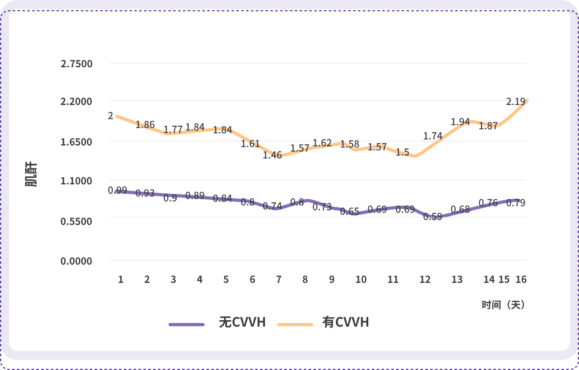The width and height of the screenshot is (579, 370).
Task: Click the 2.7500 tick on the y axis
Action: (77, 64)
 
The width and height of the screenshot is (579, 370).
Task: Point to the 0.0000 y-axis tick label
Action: (77, 261)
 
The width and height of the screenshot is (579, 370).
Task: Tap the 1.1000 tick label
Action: (77, 181)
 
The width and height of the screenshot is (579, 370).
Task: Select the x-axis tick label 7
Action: (279, 279)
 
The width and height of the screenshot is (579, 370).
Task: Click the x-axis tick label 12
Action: (425, 279)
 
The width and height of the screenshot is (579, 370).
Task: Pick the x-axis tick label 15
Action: (504, 279)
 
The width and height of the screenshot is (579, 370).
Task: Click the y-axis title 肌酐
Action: (32, 174)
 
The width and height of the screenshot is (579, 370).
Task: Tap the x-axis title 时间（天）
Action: (503, 305)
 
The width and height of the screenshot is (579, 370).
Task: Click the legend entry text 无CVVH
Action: (242, 322)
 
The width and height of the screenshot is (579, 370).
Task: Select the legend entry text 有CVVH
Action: (346, 322)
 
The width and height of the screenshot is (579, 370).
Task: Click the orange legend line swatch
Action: (295, 324)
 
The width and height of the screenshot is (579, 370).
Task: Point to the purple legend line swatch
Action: (187, 324)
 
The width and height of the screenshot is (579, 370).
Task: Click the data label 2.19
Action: (515, 101)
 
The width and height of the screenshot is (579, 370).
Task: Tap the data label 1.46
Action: (272, 155)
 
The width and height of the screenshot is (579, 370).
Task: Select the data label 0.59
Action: (433, 217)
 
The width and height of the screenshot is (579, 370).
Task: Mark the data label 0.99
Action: (118, 190)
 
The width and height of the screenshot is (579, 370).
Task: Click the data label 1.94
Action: (460, 122)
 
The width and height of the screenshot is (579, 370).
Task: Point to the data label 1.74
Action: (433, 136)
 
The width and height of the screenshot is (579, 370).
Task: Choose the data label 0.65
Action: (350, 212)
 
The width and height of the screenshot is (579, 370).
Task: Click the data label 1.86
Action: (145, 125)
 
